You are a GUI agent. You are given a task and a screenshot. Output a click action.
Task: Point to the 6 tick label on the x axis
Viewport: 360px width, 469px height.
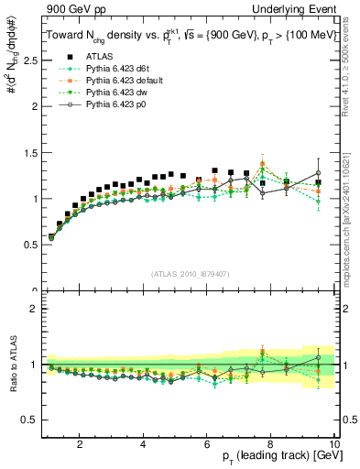click(x=208, y=444)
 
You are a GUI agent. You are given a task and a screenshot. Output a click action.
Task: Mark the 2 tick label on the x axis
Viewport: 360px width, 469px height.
click(x=81, y=444)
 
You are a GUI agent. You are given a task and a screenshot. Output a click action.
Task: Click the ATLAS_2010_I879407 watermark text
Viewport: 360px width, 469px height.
click(x=190, y=274)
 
